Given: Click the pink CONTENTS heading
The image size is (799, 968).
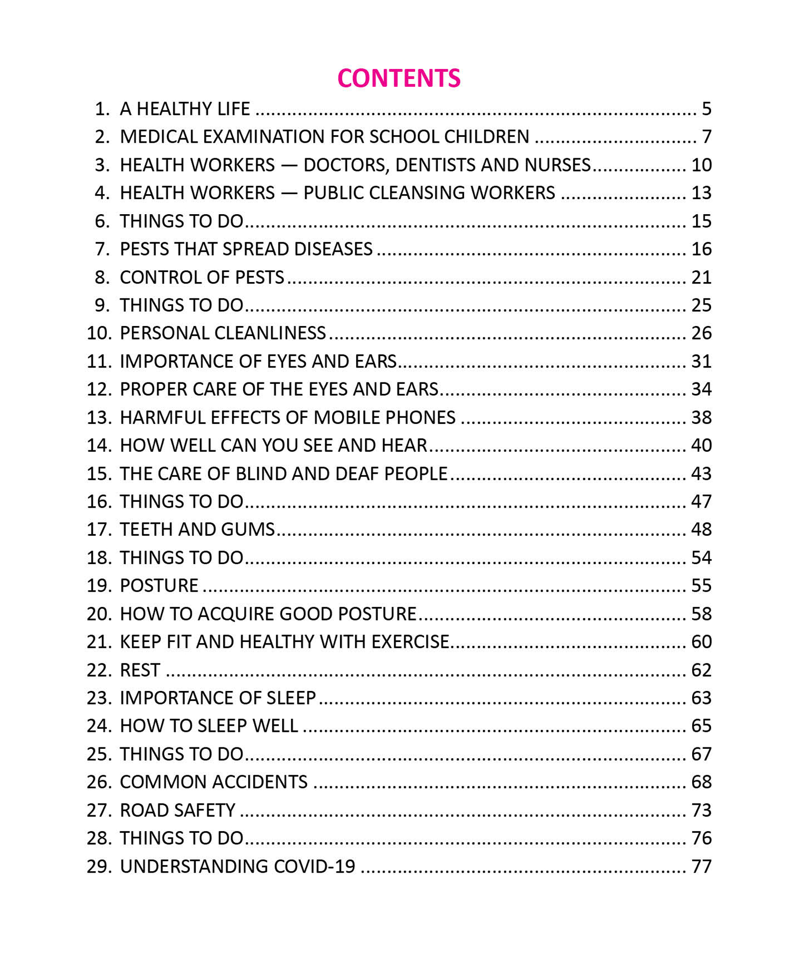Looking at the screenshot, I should tap(399, 78).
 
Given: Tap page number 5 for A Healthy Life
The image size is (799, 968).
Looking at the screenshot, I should tap(706, 109).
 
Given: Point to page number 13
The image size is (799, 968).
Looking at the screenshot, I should tap(701, 193).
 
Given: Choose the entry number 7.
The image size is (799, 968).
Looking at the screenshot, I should tap(102, 249).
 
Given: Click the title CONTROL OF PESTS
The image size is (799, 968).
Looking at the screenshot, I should tap(202, 277).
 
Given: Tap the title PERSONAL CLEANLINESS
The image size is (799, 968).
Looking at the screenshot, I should tap(223, 333).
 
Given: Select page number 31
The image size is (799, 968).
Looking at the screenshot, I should tap(701, 361).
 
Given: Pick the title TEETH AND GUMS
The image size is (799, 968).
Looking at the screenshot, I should tap(197, 529).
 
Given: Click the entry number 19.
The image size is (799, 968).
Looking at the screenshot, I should tap(98, 586).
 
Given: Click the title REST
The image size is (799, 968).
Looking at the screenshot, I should tap(140, 670).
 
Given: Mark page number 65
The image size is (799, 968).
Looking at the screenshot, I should tap(701, 725).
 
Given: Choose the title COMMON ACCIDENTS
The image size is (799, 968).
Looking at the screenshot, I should tap(214, 782).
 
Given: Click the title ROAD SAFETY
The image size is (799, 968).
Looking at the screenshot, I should tap(177, 810).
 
